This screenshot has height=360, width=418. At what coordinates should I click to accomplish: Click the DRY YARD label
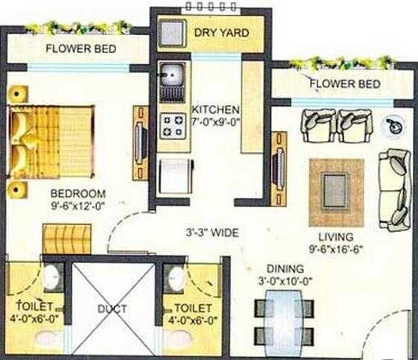click(x=221, y=34)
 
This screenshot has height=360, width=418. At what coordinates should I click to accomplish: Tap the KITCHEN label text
click(x=216, y=108)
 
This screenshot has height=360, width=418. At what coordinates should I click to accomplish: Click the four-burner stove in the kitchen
click(x=173, y=124)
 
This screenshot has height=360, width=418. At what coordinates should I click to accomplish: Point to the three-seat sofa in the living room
click(x=393, y=189)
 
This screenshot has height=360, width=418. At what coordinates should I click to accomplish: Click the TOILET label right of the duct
click(x=192, y=307)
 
